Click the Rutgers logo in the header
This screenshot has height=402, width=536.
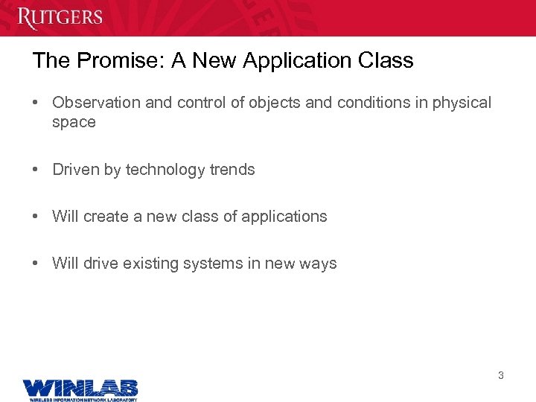coord(60,17)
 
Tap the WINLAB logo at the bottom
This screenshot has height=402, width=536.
coord(80,388)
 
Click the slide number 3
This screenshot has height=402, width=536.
coord(500,376)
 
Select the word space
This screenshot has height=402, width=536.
coord(74,122)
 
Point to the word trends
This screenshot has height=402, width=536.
coord(232,170)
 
